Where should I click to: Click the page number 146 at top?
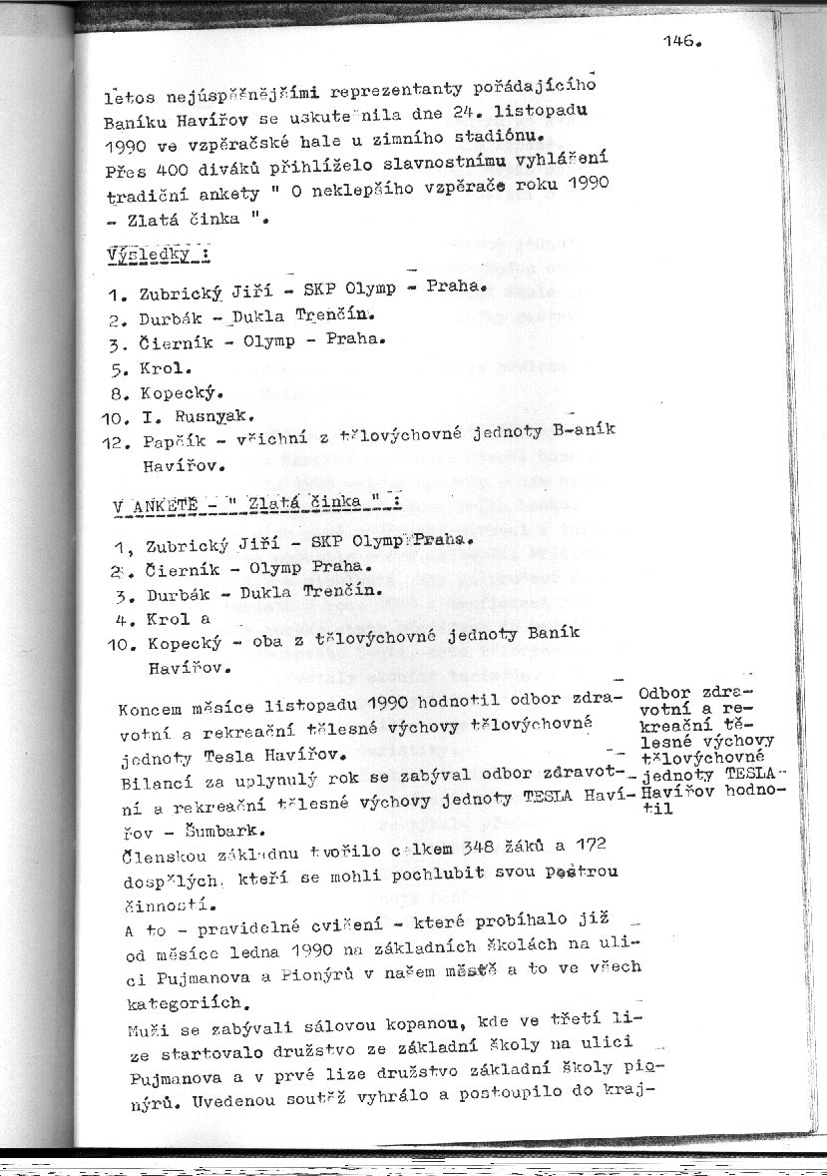coord(678,42)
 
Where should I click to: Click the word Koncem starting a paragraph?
coord(149,711)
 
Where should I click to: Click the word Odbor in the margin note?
coord(662,692)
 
